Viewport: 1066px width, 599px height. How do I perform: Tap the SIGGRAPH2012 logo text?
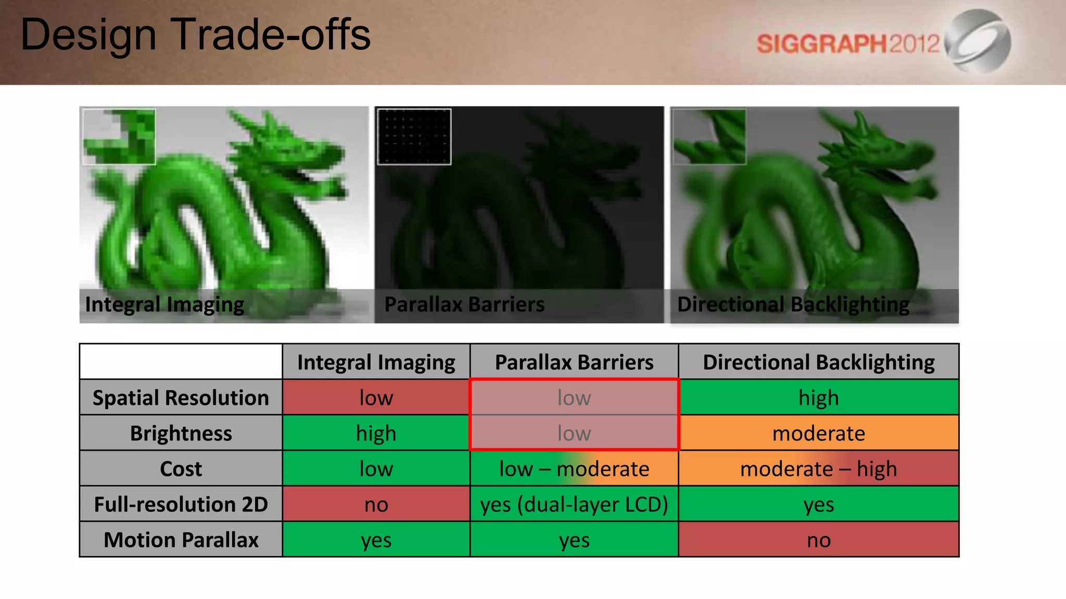848,44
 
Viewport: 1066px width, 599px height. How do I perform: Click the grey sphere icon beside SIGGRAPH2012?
979,41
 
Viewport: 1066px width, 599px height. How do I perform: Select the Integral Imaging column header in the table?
376,362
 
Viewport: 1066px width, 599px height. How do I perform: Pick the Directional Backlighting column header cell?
818,362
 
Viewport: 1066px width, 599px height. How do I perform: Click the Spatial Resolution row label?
181,398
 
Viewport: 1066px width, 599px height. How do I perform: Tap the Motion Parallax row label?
181,540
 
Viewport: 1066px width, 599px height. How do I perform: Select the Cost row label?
181,469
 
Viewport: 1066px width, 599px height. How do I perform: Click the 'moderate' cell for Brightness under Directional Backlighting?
818,433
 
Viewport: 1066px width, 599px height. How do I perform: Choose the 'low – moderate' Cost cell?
574,469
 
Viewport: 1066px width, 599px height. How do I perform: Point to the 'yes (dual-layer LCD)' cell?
574,504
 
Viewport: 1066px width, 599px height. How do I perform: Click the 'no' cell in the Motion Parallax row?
818,540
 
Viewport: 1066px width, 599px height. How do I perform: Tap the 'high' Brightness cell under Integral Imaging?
376,433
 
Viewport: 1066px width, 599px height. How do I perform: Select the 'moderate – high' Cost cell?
818,469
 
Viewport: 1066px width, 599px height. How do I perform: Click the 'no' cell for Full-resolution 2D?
376,504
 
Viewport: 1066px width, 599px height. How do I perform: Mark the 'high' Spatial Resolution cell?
818,398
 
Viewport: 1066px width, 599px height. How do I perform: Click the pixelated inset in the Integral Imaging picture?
119,137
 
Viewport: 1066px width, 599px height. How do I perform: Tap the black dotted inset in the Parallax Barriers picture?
414,137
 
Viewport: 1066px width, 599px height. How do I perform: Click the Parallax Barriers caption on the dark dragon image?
464,305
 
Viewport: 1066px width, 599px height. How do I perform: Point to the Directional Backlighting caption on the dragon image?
793,305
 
